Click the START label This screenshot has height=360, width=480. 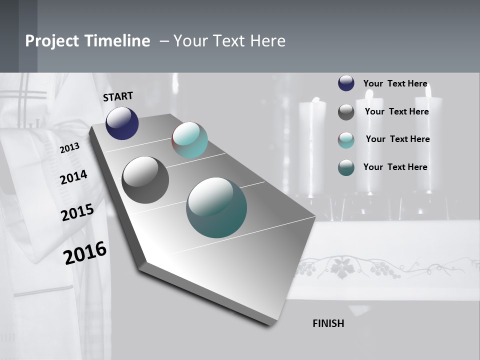[118, 96]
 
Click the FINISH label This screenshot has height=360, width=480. [328, 323]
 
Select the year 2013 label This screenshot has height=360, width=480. [69, 148]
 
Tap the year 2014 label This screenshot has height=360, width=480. [73, 177]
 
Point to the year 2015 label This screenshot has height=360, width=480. [77, 212]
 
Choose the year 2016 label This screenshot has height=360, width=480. [85, 253]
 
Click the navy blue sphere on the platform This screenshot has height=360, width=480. [122, 123]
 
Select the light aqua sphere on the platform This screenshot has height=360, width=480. [189, 140]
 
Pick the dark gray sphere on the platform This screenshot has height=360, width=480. [145, 180]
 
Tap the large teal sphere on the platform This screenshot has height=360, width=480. [216, 207]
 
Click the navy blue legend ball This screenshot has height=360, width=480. [346, 83]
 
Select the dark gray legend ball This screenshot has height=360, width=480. [346, 112]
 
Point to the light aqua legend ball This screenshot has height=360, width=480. [346, 140]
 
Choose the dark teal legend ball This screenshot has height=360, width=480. [346, 167]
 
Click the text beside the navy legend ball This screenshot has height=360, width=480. [395, 83]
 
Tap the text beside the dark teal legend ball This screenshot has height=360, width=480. [395, 167]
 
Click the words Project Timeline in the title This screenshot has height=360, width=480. [87, 41]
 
